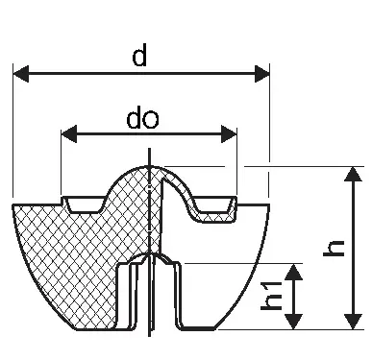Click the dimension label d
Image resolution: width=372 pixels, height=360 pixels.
(139, 55)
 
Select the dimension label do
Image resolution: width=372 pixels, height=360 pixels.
(142, 118)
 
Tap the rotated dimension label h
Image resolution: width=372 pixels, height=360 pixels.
(334, 248)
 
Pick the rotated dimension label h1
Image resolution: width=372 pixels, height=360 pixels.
(271, 296)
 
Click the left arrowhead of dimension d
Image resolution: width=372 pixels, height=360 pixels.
(21, 74)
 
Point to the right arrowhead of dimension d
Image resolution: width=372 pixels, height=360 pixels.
(262, 74)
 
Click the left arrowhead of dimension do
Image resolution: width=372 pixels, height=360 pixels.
(69, 133)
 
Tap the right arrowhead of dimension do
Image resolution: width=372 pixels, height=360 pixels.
(229, 133)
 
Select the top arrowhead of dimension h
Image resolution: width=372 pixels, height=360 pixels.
(354, 174)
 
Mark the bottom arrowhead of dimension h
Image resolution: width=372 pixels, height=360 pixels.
(354, 322)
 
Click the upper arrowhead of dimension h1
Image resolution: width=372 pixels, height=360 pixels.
(294, 272)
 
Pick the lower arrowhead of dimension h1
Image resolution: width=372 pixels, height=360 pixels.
(294, 322)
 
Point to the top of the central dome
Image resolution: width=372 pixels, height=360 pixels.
(150, 166)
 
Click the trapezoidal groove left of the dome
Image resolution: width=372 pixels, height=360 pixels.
(85, 204)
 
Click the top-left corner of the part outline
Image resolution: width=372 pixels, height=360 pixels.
(12, 204)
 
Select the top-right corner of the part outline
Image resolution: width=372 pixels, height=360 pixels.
(269, 204)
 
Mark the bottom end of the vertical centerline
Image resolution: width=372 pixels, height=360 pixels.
(150, 336)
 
